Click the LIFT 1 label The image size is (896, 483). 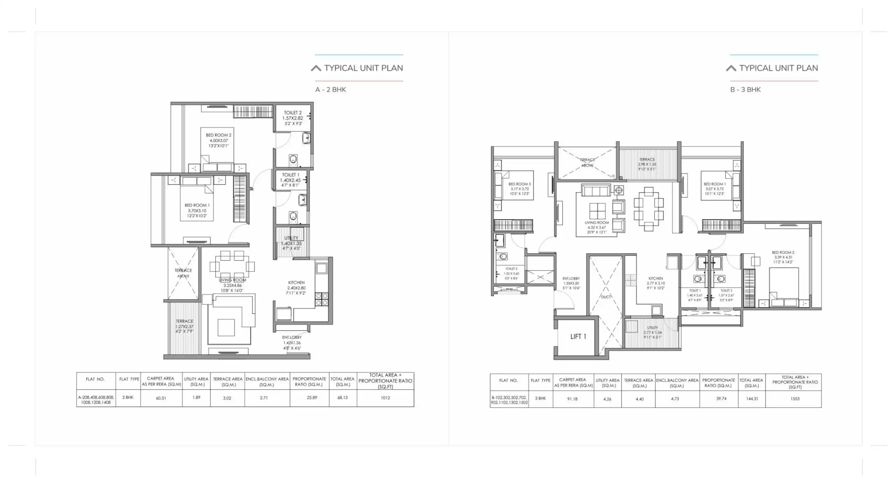tap(578, 336)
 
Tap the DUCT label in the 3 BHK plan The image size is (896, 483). tap(606, 297)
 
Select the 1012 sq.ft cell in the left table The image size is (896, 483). tap(385, 398)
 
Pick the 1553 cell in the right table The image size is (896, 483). tap(795, 399)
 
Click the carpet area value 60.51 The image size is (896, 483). tap(161, 398)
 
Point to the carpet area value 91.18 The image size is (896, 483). tap(572, 399)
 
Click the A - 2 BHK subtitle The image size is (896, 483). tap(331, 89)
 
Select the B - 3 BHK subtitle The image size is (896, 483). tap(745, 89)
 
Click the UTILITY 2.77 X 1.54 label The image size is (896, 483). tap(652, 332)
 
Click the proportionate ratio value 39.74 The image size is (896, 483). tap(721, 398)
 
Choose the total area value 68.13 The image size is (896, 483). tap(342, 397)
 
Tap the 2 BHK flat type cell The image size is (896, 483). tap(128, 397)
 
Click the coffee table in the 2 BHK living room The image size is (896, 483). tap(226, 327)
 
